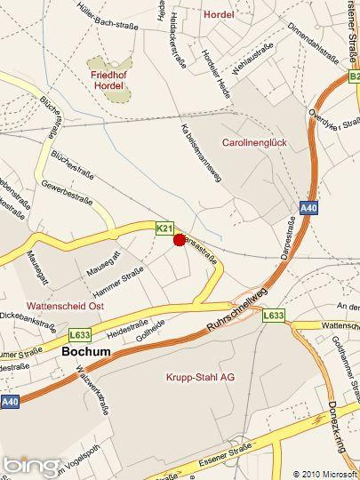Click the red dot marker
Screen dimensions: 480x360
coord(179,239)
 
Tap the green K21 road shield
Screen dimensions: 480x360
coord(164,228)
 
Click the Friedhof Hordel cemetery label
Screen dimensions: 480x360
coord(112,82)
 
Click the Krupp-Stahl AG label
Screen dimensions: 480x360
coord(200,377)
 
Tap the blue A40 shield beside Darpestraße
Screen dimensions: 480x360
coord(308,209)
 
